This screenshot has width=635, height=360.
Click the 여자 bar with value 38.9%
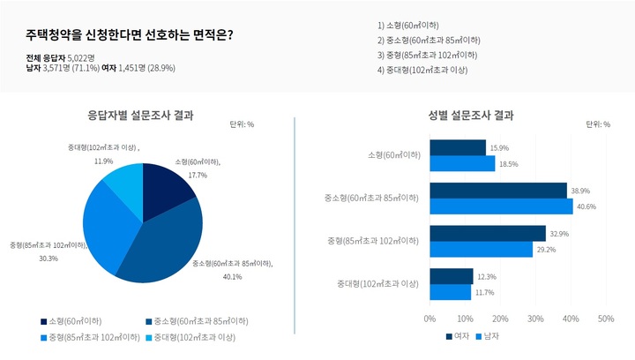tap(498, 191)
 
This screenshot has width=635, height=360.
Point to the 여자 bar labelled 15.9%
tap(458, 147)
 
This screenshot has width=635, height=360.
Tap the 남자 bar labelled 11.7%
tap(451, 292)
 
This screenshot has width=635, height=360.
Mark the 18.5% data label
tap(509, 164)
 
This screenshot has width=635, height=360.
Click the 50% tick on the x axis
tap(606, 319)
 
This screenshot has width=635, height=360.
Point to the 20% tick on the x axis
tap(500, 319)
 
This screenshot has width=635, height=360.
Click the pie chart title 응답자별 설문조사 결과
tap(141, 115)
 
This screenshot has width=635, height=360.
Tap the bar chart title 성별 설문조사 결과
tap(471, 115)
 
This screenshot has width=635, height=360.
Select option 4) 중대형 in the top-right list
tap(422, 69)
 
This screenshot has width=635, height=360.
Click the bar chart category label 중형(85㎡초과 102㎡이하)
tap(371, 241)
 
